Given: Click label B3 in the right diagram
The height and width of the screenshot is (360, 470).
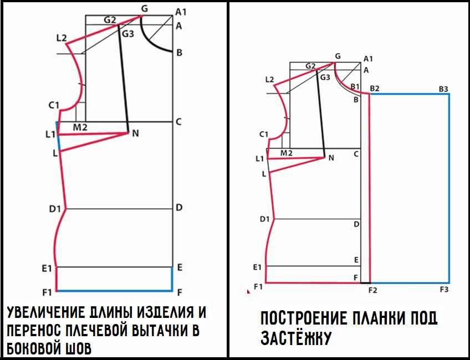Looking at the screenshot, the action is [x=443, y=89].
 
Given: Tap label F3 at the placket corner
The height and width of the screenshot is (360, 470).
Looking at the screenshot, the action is [x=444, y=290].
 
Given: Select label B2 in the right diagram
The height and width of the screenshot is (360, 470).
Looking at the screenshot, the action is [x=375, y=89].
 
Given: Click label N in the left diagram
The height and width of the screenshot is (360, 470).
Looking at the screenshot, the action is [x=135, y=133].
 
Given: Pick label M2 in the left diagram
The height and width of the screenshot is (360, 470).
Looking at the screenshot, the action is [x=80, y=127].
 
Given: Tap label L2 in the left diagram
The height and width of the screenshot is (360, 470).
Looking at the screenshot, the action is [x=62, y=38].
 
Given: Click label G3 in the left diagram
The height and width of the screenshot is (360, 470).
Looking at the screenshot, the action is [x=127, y=34].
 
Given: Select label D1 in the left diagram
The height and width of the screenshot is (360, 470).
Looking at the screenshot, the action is [x=55, y=209].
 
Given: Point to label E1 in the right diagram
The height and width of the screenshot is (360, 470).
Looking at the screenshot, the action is [x=257, y=267].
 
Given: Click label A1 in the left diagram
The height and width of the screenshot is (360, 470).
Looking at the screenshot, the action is [x=181, y=12].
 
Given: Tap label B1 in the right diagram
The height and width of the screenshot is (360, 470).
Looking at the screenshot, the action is [x=355, y=86].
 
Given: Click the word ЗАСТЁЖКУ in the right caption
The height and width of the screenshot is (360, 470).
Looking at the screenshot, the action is [x=296, y=338].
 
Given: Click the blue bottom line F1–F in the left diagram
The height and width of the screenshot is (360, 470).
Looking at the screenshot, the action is [x=114, y=291].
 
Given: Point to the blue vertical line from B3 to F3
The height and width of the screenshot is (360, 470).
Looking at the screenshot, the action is [x=449, y=188].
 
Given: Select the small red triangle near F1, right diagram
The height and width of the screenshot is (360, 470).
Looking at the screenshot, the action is [x=248, y=291].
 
